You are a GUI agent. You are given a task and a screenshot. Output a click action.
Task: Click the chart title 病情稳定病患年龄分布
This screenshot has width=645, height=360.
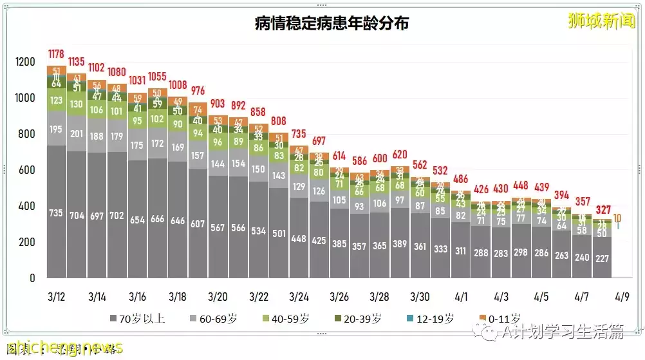[332, 24]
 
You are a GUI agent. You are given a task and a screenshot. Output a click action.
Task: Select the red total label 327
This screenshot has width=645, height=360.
[603, 210]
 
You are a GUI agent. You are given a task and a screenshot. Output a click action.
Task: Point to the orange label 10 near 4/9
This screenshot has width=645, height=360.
[617, 219]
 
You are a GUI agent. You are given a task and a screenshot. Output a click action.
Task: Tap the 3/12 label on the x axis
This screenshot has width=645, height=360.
[57, 297]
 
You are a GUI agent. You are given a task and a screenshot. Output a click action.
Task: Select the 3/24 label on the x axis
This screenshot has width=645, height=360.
[299, 297]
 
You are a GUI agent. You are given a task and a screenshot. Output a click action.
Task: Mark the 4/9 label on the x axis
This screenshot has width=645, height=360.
[621, 297]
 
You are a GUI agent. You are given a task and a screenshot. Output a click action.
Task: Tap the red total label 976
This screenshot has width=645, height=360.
[198, 91]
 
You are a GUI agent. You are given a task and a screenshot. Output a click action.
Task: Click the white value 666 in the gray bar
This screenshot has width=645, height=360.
[158, 219]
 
